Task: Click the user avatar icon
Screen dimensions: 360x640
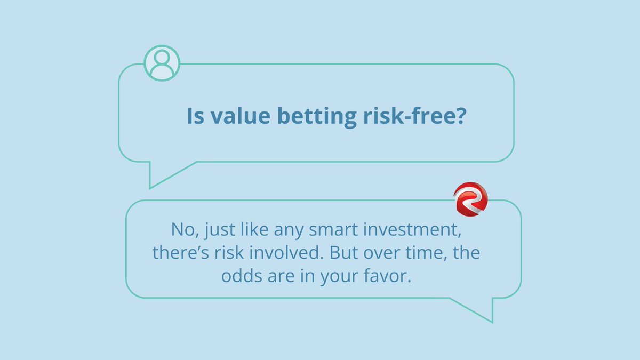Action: [x=162, y=63]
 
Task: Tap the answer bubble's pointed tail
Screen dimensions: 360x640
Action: [x=483, y=312]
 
